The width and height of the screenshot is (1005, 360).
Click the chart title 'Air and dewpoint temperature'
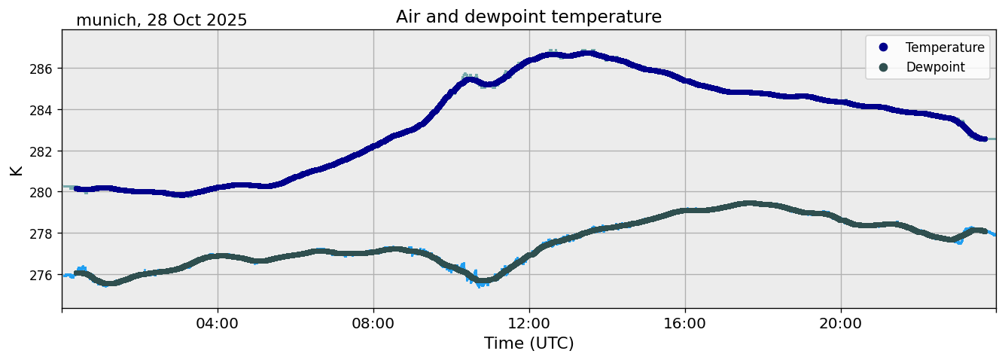point(528,17)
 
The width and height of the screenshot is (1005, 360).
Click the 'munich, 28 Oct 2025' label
point(161,20)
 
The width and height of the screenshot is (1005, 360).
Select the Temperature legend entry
point(944,47)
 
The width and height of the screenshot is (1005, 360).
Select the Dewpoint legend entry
point(935,67)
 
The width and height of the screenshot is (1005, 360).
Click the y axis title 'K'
point(17,169)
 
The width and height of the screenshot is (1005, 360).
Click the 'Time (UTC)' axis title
point(528,344)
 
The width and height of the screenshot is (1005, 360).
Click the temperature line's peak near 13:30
point(586,53)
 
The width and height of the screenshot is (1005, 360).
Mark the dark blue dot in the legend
point(883,47)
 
